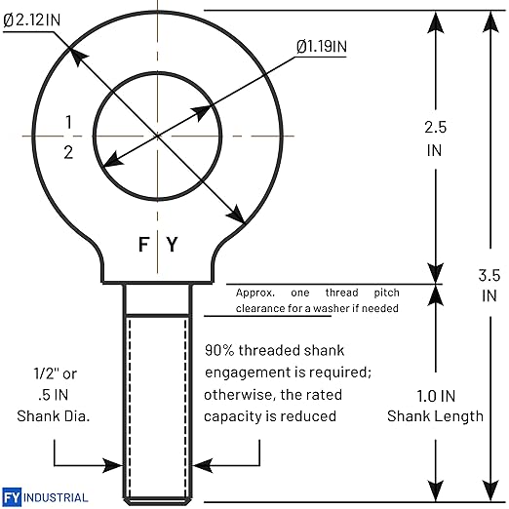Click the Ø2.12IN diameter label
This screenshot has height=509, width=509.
tap(32, 20)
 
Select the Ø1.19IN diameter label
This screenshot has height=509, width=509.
tap(322, 46)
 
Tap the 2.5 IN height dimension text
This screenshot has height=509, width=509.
tap(435, 138)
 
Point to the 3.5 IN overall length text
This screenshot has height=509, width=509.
tap(489, 286)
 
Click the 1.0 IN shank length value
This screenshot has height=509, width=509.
tap(436, 396)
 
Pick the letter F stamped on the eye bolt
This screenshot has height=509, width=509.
tap(143, 245)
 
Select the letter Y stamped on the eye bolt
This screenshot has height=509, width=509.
tap(173, 245)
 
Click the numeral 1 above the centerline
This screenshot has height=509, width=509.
tap(68, 122)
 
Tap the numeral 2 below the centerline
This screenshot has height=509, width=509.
tap(68, 152)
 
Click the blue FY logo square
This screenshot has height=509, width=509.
tap(12, 497)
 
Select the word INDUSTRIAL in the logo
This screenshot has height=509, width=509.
tap(56, 497)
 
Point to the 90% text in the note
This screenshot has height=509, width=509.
tap(219, 350)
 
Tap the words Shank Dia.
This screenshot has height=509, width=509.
tap(54, 416)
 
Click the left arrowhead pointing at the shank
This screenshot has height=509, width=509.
tap(113, 465)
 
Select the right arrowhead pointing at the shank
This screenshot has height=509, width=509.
tap(203, 465)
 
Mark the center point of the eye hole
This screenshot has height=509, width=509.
tap(158, 136)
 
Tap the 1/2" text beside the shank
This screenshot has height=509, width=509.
tap(47, 373)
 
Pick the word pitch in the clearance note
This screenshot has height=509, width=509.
tap(386, 293)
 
